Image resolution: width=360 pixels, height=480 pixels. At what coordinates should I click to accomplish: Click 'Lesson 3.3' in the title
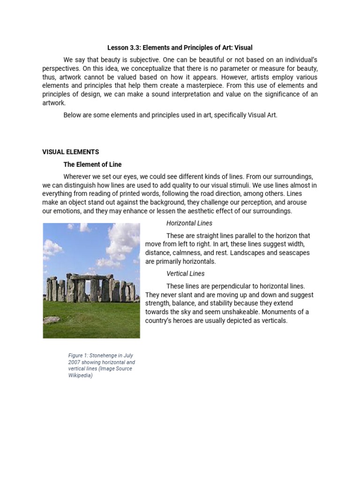point(124,47)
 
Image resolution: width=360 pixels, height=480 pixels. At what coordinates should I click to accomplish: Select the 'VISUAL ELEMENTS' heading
point(70,152)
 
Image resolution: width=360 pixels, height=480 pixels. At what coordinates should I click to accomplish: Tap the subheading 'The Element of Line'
point(92,164)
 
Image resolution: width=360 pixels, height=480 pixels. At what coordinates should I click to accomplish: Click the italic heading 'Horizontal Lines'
point(189,223)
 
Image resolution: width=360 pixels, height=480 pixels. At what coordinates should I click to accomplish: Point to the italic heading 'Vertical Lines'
point(186,273)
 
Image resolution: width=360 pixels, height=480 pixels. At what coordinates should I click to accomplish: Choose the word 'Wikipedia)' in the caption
point(81,375)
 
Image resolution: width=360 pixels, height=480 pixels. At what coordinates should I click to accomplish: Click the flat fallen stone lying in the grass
point(52,319)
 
